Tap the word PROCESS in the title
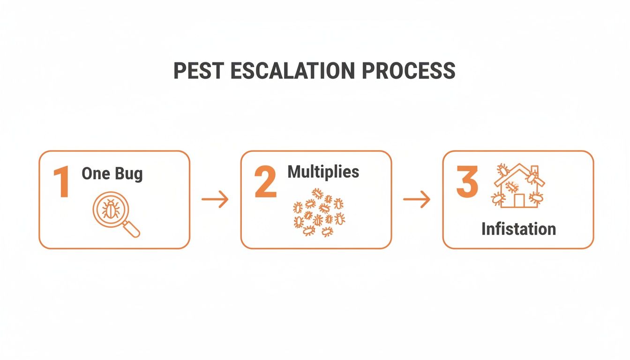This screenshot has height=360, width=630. pos(408,70)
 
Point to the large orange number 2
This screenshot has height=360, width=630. pos(265,182)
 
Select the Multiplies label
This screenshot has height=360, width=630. pos(323,172)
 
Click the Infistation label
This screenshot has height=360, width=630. pos(518,229)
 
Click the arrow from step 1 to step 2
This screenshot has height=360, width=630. pos(215,200)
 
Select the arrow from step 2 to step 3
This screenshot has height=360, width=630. pos(417,200)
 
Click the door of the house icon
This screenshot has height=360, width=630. pos(518,200)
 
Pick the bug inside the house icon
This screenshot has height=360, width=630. pos(512,187)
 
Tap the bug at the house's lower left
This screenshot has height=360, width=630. pos(497,199)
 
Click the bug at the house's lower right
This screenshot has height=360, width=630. pos(535,197)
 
